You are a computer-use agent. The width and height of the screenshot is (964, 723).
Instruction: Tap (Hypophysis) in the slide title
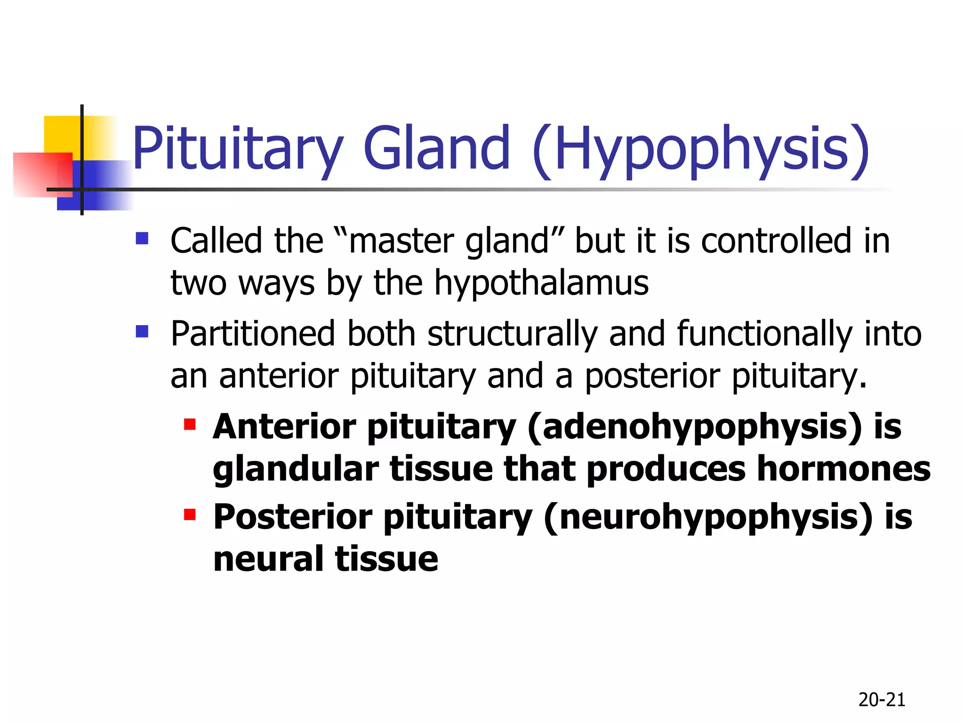(701, 150)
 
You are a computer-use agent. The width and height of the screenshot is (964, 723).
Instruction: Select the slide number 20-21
(882, 700)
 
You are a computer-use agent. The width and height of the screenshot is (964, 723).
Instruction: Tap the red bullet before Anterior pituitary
(190, 425)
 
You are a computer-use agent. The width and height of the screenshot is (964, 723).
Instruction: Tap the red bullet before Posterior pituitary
(190, 514)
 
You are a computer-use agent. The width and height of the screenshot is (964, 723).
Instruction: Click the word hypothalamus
(541, 284)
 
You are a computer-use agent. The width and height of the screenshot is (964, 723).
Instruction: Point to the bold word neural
(268, 559)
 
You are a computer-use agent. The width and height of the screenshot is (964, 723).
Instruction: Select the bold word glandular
(296, 469)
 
